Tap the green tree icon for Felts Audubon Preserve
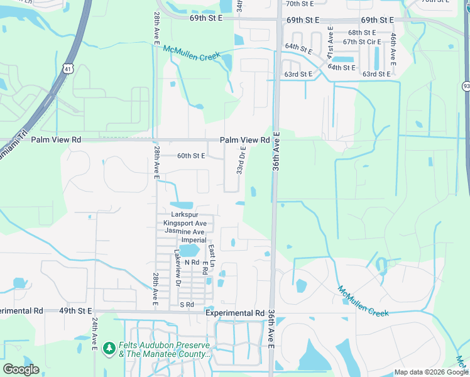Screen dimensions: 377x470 (109, 347)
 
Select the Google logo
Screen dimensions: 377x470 (21, 369)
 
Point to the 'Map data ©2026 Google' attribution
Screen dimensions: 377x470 (430, 373)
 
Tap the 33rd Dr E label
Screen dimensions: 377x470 (241, 161)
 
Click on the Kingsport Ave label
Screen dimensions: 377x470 (185, 223)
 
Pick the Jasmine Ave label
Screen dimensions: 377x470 (185, 231)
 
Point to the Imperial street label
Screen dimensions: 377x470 (194, 240)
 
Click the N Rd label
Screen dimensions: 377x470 (192, 262)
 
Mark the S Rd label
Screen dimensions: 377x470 (187, 305)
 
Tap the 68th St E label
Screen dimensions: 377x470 (362, 33)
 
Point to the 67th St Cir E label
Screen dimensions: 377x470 (361, 41)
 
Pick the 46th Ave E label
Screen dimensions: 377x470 (393, 50)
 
